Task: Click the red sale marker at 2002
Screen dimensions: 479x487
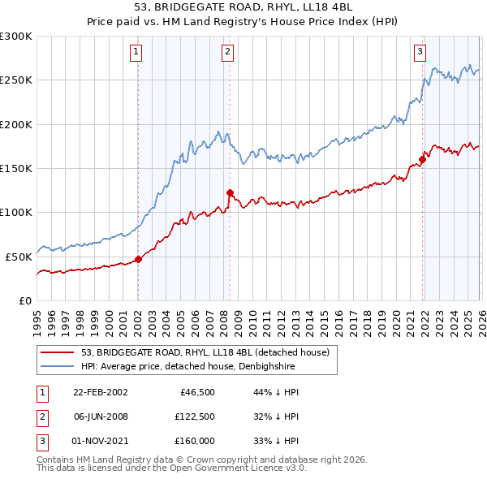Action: point(138,260)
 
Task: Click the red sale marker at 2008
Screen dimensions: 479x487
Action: point(230,192)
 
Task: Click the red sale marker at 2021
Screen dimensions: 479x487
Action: point(423,159)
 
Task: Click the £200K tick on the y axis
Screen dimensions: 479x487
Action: point(15,124)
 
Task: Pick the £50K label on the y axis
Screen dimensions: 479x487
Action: point(18,257)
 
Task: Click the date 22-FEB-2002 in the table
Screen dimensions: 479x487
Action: point(99,391)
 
